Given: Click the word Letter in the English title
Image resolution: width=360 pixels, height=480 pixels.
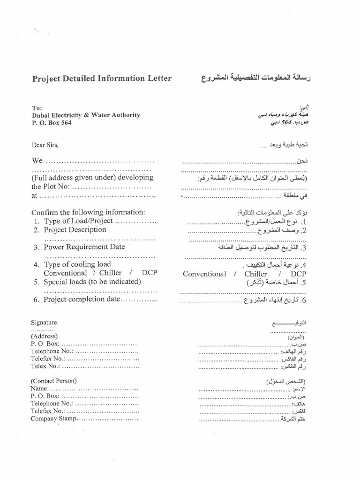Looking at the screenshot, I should pos(157,78).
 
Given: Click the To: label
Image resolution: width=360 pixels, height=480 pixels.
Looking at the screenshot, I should pos(37,107).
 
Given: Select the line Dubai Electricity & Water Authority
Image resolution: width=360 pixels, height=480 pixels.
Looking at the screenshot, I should pos(86,115).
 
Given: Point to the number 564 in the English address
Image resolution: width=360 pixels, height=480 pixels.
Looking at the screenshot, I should pos(66,122).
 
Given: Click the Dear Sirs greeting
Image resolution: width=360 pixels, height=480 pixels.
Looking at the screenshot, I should pos(45,145).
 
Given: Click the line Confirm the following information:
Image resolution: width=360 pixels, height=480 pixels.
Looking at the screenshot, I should pos(88,212).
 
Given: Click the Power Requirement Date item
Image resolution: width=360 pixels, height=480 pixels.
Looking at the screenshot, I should pos(84,247).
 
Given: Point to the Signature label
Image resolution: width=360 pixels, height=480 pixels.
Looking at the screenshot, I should pos(44,322).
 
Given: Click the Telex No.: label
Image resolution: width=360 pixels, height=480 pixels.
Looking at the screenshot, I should pos(45,366).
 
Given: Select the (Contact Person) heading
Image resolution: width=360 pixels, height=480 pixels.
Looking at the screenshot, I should pos(54,381).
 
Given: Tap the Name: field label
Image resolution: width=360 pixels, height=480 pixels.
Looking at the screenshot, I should pos(40,389).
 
